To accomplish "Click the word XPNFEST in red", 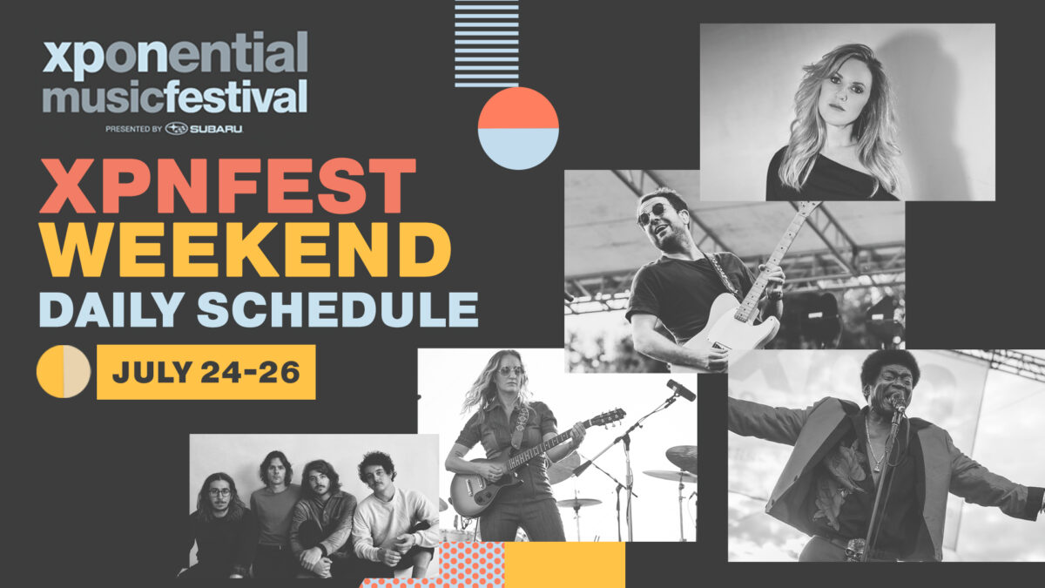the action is click(x=227, y=186).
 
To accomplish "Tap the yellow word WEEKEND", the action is click(x=245, y=249).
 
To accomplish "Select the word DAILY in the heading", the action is click(x=111, y=309).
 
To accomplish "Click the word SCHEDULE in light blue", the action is click(x=338, y=309).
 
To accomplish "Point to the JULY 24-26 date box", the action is click(x=206, y=372).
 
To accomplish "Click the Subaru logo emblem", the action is click(x=176, y=128).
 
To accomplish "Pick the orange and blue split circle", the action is click(x=518, y=128).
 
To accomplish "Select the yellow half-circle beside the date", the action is click(x=50, y=371).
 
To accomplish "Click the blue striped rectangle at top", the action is click(x=487, y=44).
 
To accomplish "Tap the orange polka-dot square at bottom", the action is click(x=472, y=564).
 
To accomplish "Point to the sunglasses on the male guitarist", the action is click(x=654, y=213).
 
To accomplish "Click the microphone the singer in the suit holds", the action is click(x=897, y=402).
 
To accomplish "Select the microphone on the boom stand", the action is click(x=681, y=389).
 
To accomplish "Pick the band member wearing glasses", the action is click(x=219, y=525).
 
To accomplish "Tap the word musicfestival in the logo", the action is click(x=175, y=97).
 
